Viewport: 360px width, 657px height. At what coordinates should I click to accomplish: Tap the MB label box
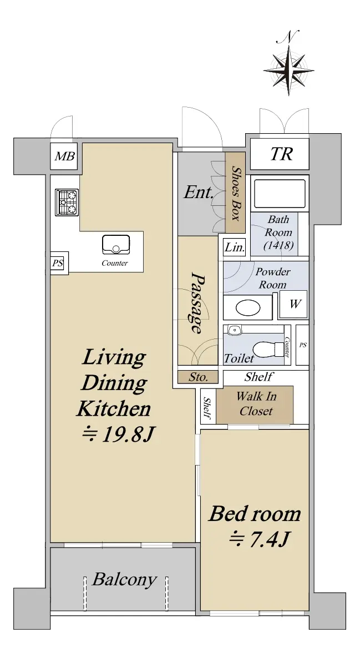[64, 156]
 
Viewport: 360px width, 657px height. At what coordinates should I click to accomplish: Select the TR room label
[280, 154]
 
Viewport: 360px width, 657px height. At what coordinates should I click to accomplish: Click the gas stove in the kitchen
[67, 202]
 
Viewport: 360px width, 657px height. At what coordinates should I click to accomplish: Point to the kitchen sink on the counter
[116, 244]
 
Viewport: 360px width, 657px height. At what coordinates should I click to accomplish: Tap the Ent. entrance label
[199, 194]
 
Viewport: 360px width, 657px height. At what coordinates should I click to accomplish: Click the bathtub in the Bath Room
[280, 194]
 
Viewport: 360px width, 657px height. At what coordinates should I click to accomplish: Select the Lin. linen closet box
[234, 247]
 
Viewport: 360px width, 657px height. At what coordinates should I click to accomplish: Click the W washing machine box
[294, 304]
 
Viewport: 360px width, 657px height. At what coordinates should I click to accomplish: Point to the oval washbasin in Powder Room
[249, 309]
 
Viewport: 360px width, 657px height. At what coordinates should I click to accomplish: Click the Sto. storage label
[198, 377]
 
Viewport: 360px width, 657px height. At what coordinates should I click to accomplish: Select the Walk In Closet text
[256, 403]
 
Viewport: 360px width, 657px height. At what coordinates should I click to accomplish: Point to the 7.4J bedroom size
[258, 539]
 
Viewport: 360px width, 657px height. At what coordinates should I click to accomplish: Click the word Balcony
[124, 579]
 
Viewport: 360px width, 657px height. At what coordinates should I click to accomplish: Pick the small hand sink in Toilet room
[235, 330]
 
